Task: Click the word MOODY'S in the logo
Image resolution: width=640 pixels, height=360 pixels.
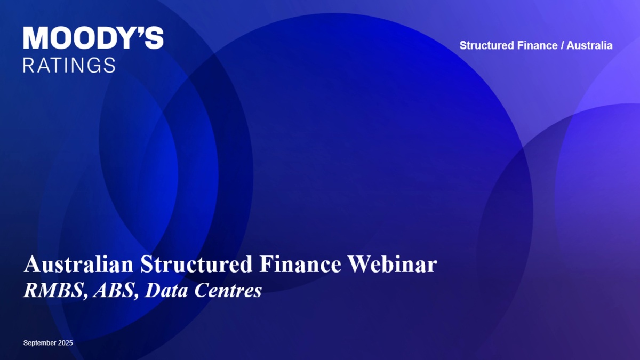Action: point(93,38)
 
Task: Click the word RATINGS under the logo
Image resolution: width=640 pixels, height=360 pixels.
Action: point(69,65)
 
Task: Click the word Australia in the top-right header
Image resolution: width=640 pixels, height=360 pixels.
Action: point(589,45)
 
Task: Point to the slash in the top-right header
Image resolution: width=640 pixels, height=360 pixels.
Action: point(562,45)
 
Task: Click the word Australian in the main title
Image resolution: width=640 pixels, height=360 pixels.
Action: point(78,265)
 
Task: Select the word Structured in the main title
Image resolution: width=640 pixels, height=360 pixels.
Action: point(196,265)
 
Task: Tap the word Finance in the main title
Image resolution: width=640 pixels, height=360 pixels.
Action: point(300,265)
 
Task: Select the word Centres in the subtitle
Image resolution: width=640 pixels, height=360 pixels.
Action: point(228,291)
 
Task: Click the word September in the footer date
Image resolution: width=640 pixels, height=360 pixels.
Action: point(40,343)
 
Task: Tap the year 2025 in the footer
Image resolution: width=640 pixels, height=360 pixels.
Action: point(66,343)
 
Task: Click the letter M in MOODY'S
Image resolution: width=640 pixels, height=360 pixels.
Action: point(36,38)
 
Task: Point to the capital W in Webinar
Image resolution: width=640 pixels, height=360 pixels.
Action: point(361,265)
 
